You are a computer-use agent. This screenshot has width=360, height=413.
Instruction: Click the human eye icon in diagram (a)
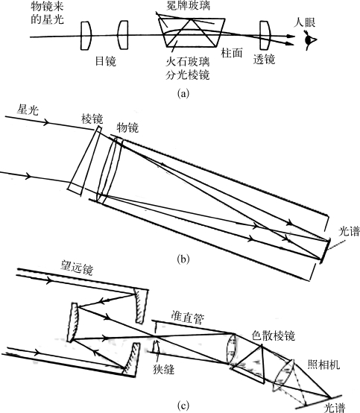(310, 40)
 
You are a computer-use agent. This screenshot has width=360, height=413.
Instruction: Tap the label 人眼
(305, 22)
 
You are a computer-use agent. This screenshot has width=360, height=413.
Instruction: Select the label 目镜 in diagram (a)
(105, 61)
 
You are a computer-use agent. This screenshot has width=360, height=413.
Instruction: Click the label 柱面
(232, 53)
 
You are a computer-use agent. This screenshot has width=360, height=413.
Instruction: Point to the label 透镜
(264, 59)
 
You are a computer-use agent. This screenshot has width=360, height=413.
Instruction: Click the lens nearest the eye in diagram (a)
(265, 36)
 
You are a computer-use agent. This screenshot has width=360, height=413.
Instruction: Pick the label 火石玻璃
(188, 62)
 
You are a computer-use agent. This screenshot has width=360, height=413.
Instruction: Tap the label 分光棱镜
(188, 75)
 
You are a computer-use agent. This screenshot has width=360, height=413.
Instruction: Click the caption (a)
(183, 93)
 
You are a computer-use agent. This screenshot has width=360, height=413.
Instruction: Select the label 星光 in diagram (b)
(28, 110)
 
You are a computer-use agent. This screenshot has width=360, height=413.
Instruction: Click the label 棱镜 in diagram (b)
(92, 119)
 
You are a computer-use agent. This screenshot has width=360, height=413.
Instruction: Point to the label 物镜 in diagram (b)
(127, 127)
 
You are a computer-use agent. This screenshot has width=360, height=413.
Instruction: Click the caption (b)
(183, 259)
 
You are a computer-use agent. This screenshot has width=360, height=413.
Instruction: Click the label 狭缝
(163, 370)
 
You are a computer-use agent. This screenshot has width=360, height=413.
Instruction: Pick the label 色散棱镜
(273, 335)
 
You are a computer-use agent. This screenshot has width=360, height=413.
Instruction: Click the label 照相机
(324, 365)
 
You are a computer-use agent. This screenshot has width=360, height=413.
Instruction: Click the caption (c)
(183, 406)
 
